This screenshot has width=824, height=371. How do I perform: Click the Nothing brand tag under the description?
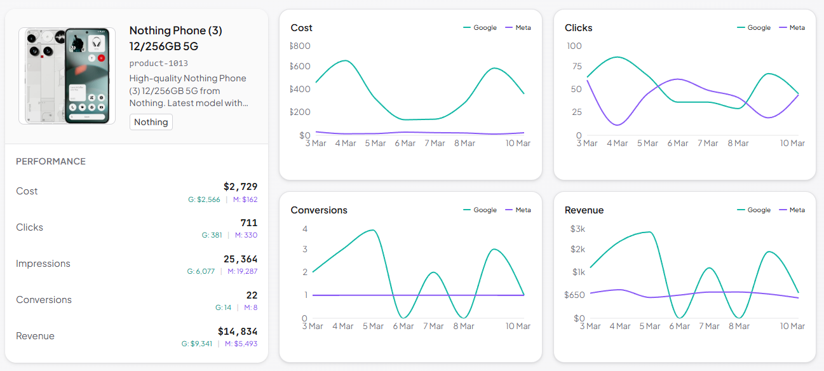tap(151, 122)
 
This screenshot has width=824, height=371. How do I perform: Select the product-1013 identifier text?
tap(158, 64)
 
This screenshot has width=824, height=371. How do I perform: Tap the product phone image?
tap(67, 76)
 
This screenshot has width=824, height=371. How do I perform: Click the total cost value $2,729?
tap(240, 187)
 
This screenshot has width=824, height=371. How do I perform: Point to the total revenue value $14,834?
tap(237, 332)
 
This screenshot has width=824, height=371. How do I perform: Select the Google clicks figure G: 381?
tap(212, 235)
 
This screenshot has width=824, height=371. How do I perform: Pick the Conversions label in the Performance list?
tap(44, 300)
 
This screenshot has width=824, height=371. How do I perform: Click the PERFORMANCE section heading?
tap(51, 161)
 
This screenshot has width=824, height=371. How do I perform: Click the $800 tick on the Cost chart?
tap(301, 46)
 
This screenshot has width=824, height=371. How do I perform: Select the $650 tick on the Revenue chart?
tap(574, 295)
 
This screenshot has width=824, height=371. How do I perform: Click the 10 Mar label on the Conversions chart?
tap(518, 326)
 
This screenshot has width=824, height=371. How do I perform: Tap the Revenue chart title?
tap(584, 210)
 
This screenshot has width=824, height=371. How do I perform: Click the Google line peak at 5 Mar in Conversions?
tap(372, 230)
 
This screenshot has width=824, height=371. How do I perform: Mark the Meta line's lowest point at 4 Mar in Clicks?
tap(617, 125)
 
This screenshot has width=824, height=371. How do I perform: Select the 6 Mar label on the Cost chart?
tap(404, 143)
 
